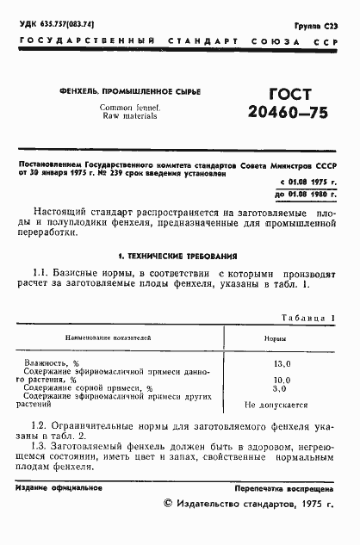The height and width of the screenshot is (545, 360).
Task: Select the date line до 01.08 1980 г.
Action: point(307,195)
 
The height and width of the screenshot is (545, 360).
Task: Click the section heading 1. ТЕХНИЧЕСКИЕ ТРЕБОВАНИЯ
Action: point(178,257)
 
